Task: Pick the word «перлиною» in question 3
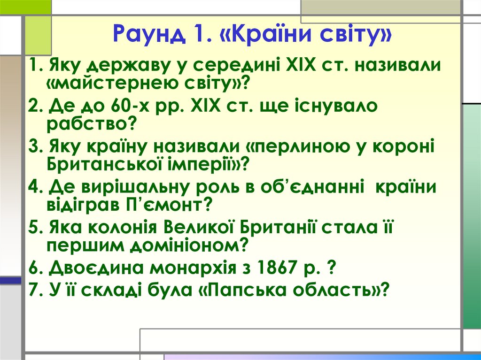pos(301,146)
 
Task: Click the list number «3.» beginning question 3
pos(34,146)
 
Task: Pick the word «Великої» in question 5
pos(202,227)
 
